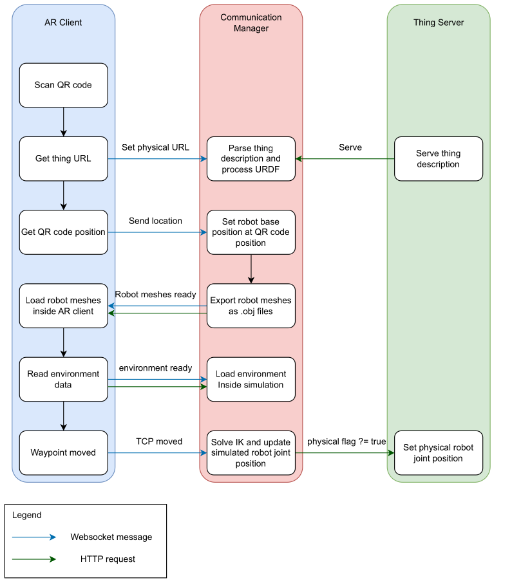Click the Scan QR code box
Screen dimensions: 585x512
tap(63, 85)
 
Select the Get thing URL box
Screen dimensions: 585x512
tap(63, 158)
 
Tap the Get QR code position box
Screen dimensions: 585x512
tap(63, 232)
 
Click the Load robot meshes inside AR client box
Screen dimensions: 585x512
tap(63, 306)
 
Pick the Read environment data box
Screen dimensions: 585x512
tap(63, 379)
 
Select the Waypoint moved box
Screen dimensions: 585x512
tap(63, 452)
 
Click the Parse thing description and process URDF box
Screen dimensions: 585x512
tap(251, 158)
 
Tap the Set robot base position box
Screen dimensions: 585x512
tap(251, 232)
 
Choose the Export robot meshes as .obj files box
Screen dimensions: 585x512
tap(251, 306)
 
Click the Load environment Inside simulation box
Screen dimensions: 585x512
tap(251, 379)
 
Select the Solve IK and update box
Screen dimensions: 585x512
tap(251, 452)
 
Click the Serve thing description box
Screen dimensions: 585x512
tap(438, 158)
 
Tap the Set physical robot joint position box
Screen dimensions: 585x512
tap(438, 452)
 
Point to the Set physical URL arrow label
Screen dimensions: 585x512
tap(155, 147)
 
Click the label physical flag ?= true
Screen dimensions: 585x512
tap(346, 441)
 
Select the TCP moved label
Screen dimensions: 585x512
tap(159, 441)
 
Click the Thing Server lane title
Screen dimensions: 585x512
tap(438, 23)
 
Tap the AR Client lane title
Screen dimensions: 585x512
tap(63, 23)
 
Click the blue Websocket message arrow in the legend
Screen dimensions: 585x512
tap(34, 537)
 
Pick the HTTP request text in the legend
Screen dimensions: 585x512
tap(108, 559)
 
